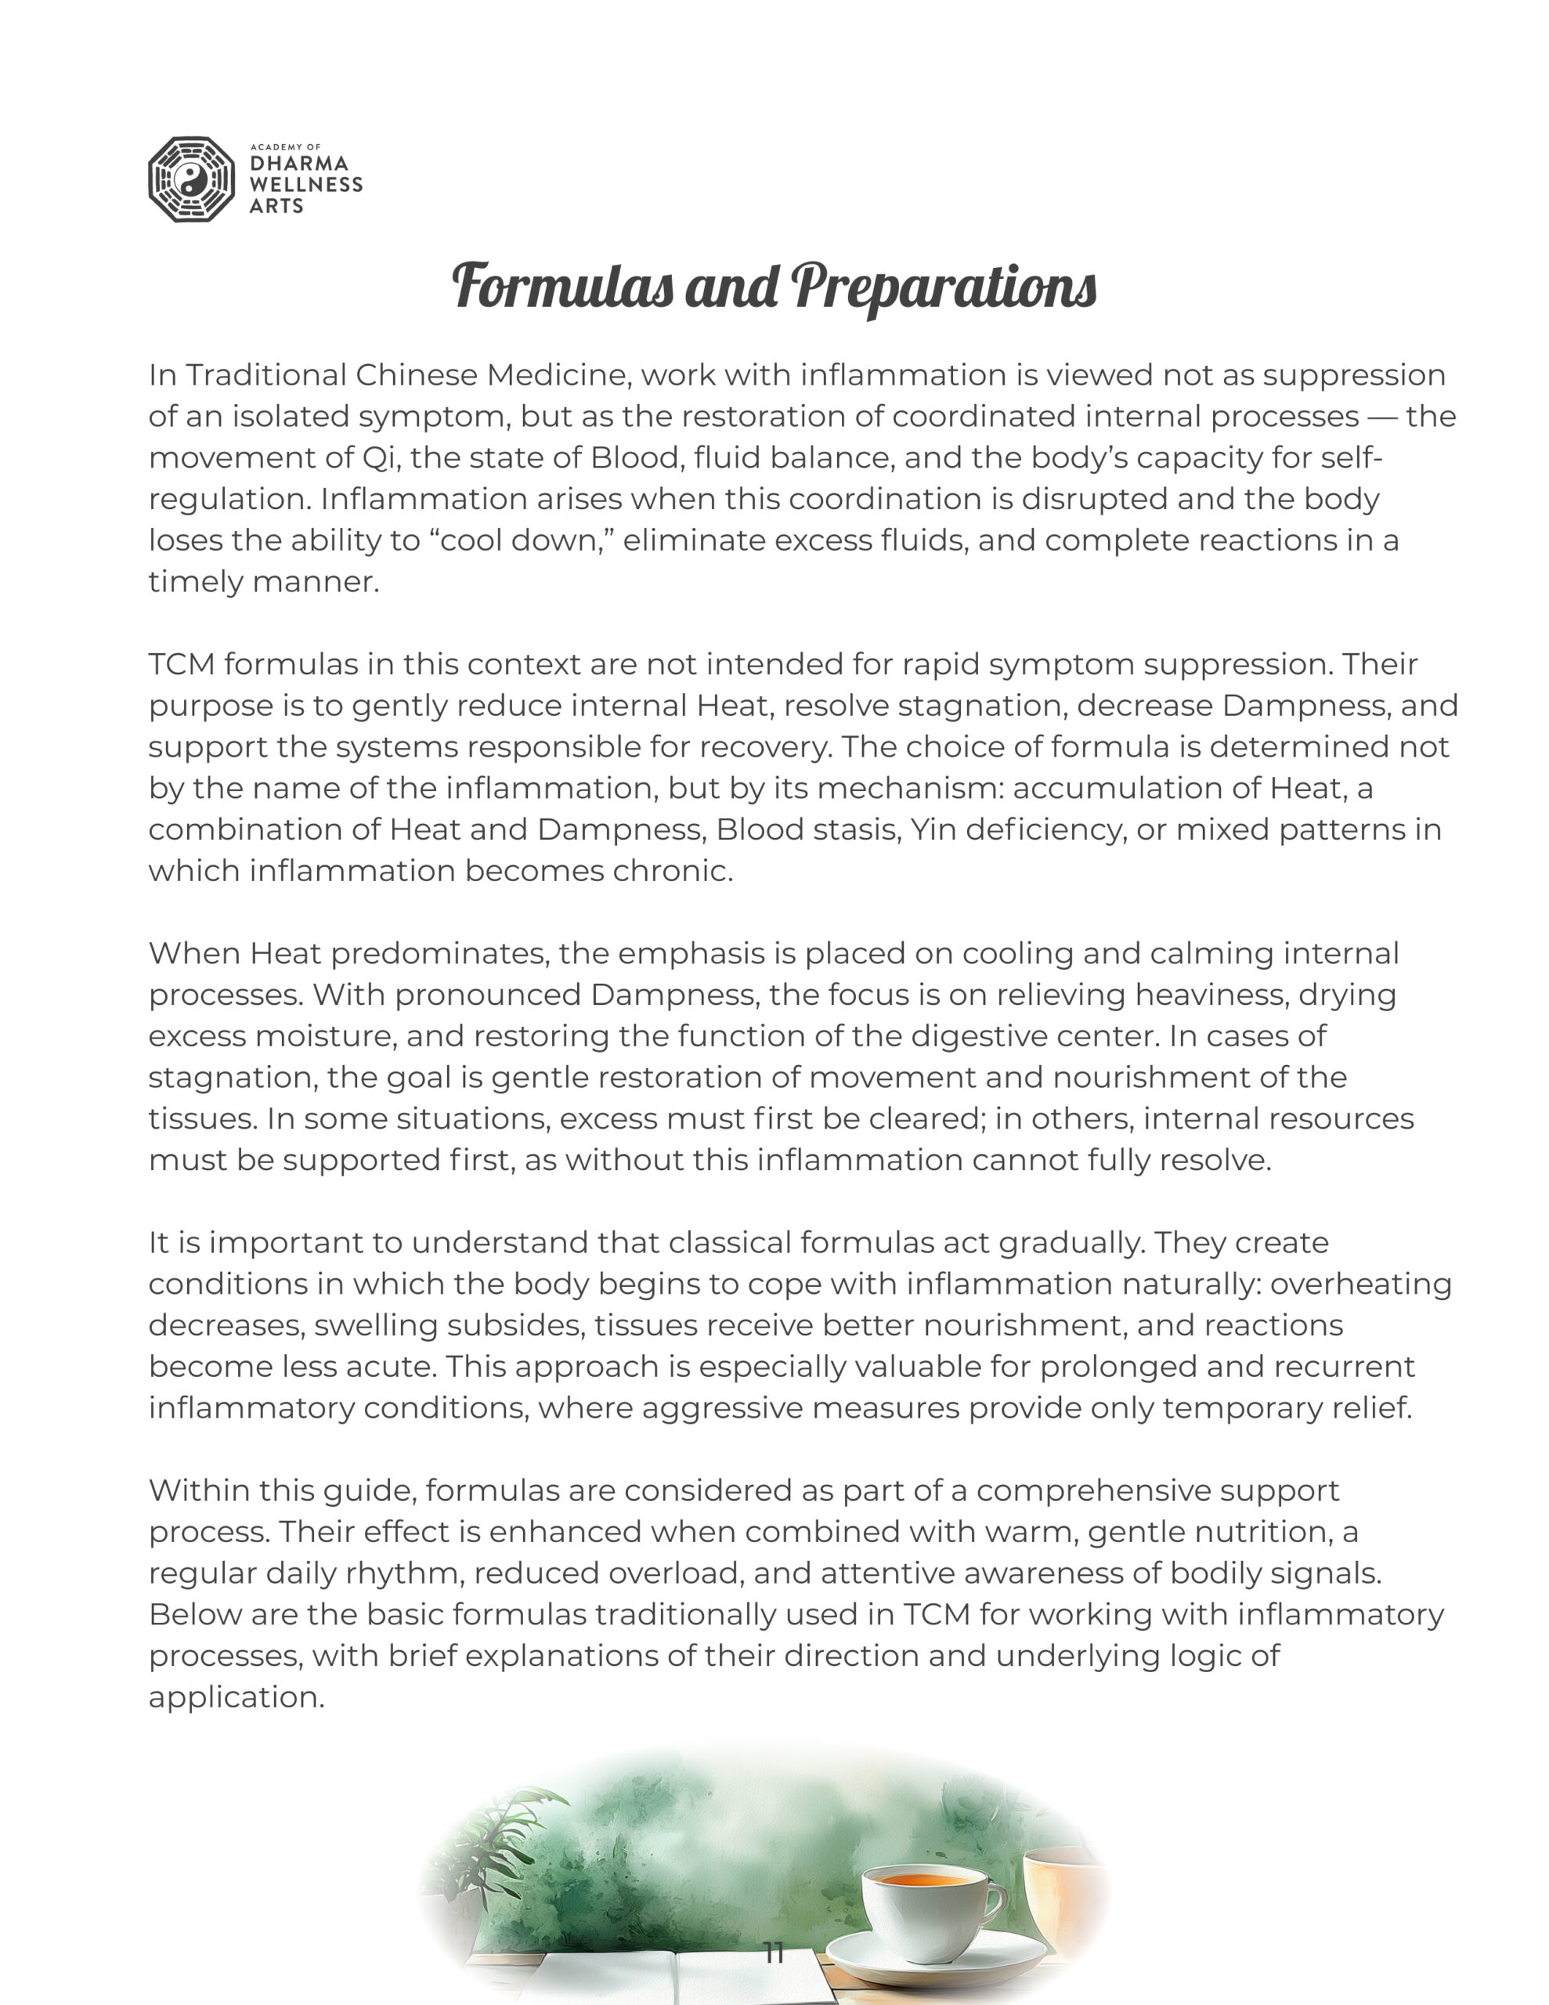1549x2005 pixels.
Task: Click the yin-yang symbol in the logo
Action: [x=192, y=180]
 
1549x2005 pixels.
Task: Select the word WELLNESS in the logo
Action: [x=305, y=185]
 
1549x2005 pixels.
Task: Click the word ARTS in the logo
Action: [x=276, y=206]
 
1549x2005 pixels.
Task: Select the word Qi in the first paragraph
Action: [x=377, y=457]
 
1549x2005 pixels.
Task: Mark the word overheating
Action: [x=1361, y=1284]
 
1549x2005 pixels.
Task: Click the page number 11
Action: [x=774, y=1953]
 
